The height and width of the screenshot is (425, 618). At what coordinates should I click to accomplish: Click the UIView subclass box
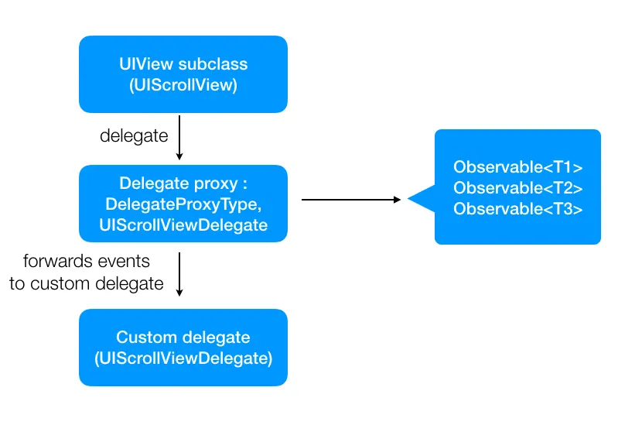point(183,74)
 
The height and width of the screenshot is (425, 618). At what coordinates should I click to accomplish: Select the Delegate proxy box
point(183,204)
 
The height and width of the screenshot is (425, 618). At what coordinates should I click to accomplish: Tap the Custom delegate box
point(183,348)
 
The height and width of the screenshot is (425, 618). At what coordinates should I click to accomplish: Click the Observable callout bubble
point(517,187)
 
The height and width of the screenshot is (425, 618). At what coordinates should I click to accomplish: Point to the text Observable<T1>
point(517,167)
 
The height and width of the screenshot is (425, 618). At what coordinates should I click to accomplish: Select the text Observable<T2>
point(517,188)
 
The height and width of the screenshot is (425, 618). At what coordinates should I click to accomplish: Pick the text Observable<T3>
point(517,208)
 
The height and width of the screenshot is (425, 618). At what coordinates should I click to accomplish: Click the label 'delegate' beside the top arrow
point(134,136)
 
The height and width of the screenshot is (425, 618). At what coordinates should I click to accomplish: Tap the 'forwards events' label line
point(87,261)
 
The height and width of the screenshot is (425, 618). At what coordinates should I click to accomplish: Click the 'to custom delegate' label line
point(87,283)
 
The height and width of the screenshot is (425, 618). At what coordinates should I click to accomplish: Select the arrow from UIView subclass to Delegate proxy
point(179,138)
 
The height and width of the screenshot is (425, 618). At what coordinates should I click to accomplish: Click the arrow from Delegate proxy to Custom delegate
point(179,273)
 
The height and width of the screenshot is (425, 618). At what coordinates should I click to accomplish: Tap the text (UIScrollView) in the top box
point(183,85)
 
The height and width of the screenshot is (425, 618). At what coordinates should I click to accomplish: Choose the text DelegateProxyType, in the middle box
point(183,204)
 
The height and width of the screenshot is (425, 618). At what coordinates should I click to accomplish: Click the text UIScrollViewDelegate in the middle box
point(183,224)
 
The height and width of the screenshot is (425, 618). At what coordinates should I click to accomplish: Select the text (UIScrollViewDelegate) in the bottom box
point(183,358)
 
